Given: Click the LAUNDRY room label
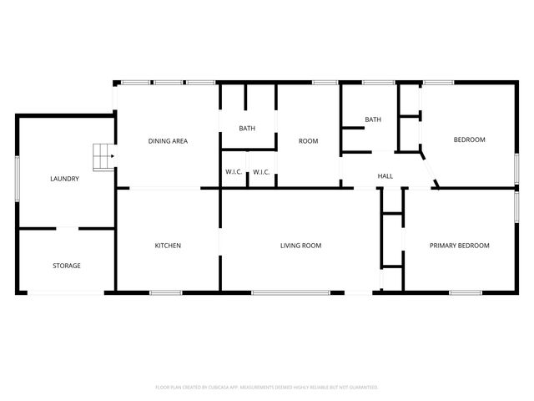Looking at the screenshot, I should click(64, 179).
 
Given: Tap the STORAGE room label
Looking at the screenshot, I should click(67, 266).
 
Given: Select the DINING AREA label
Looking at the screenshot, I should click(168, 141).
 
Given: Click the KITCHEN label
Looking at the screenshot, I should click(168, 246).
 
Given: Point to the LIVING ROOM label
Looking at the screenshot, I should click(300, 246).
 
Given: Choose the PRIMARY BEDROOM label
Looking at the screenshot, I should click(459, 246).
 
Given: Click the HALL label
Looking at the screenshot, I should click(385, 176).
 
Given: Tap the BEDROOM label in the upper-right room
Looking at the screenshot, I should click(469, 140).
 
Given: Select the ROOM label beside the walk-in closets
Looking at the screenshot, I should click(308, 141).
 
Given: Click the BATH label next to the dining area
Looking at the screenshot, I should click(247, 129).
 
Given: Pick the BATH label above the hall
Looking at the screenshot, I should click(372, 120).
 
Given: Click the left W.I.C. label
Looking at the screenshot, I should click(234, 172).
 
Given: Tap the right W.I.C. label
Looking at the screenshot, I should click(261, 172).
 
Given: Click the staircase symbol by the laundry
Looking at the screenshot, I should click(101, 156).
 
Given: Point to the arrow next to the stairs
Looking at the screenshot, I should click(113, 156).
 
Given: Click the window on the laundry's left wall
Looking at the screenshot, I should click(18, 178).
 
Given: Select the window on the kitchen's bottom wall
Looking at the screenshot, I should click(166, 292).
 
